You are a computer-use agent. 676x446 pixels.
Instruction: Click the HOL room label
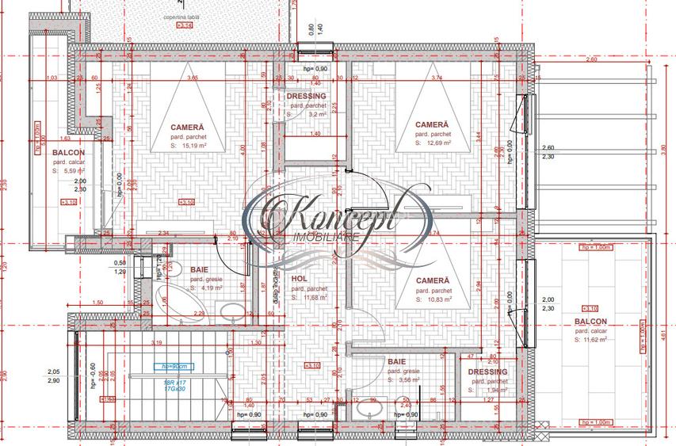(x=299, y=279)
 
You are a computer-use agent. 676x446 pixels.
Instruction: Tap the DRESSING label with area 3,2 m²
(x=306, y=96)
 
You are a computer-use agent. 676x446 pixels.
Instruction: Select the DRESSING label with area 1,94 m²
(x=487, y=372)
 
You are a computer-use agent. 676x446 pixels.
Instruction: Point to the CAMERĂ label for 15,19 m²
(x=187, y=127)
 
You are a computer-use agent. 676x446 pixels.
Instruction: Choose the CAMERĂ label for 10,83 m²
(x=433, y=280)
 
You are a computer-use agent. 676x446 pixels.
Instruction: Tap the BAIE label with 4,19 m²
(x=199, y=269)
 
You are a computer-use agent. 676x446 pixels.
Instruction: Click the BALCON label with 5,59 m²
(x=70, y=152)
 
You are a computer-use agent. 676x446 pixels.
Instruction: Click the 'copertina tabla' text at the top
(x=182, y=16)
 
